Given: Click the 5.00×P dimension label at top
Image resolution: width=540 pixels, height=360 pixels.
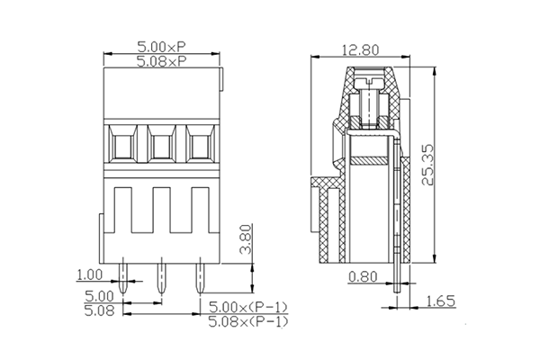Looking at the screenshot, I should tap(162, 46).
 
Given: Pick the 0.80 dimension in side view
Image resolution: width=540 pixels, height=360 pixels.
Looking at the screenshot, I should tap(364, 277).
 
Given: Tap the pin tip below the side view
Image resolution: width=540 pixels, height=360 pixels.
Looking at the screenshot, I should tap(397, 292).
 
